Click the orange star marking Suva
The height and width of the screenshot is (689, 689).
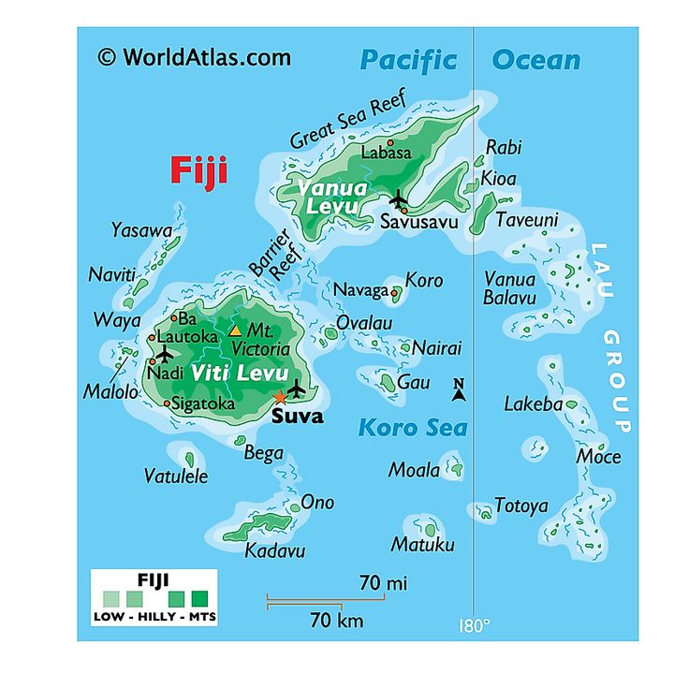click(x=279, y=398)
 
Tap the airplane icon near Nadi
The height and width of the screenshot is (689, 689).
click(x=165, y=354)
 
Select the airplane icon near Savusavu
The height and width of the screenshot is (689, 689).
click(x=399, y=198)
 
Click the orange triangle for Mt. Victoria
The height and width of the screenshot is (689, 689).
click(x=235, y=330)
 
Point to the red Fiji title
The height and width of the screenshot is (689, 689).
click(x=198, y=171)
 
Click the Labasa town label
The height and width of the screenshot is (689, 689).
click(x=387, y=152)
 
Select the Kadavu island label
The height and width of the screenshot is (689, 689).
click(x=275, y=551)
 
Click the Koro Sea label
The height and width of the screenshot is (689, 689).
click(x=413, y=429)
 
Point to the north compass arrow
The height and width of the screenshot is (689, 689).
click(x=459, y=390)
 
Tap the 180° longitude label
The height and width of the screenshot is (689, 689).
click(x=475, y=625)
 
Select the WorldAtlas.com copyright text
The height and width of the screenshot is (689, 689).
click(x=194, y=57)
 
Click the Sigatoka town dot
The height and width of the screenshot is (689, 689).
click(x=167, y=404)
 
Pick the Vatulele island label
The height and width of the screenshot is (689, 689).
click(x=176, y=476)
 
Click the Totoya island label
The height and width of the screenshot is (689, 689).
click(x=520, y=506)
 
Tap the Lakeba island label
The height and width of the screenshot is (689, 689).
click(x=533, y=404)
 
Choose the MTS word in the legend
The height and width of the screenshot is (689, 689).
click(x=199, y=617)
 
